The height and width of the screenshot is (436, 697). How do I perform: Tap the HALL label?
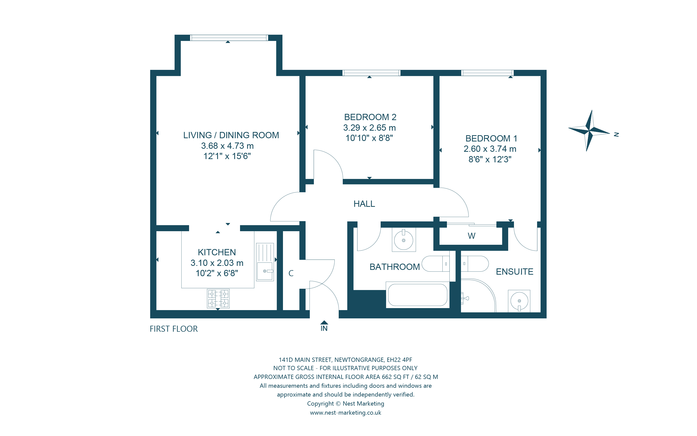364,204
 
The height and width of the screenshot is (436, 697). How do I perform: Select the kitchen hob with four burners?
218,299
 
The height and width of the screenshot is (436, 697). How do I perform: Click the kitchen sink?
265,262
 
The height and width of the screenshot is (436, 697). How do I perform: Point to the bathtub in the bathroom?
417,295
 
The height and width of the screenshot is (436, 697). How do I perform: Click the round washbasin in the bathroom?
403,240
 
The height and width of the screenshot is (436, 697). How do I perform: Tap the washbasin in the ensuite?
519,301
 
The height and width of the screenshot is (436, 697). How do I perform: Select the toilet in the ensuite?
474,264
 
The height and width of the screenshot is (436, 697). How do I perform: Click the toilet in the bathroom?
435,264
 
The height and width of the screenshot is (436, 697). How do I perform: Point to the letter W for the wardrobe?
472,236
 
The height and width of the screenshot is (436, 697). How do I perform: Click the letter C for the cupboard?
291,273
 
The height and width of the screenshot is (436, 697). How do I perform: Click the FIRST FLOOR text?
174,329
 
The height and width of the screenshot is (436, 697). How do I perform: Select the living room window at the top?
229,37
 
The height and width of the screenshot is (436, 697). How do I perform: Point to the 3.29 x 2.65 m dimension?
369,127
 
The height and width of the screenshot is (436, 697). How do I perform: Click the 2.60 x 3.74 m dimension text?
490,149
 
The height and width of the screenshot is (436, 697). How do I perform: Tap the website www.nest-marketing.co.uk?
345,413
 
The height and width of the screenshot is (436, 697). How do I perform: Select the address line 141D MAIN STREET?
345,360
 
